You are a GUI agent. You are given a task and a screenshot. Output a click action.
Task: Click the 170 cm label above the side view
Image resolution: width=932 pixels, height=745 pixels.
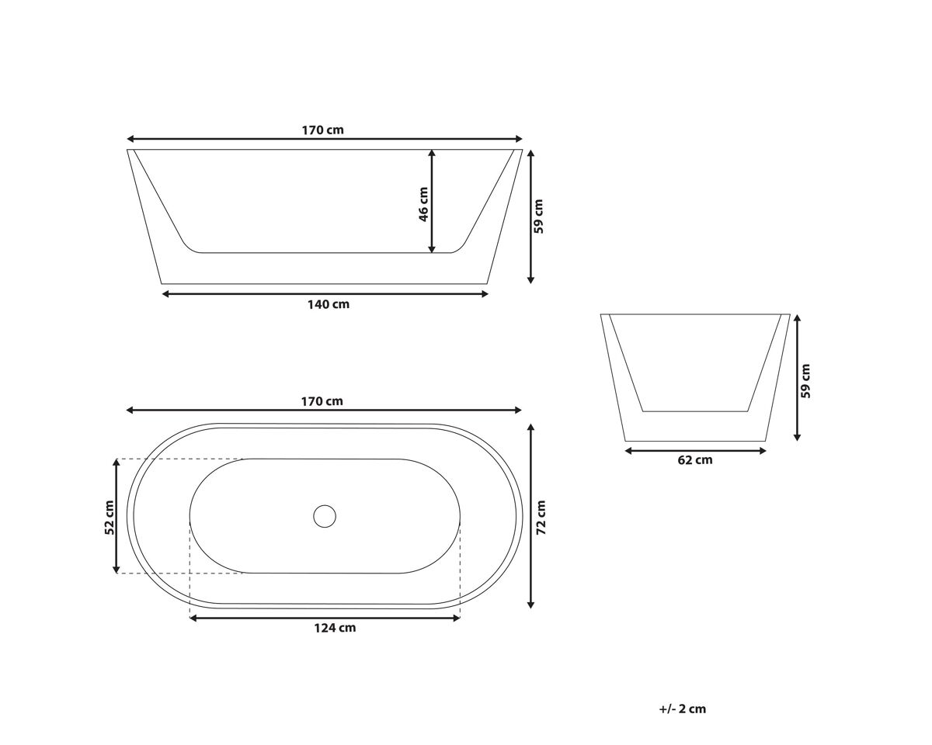coord(322,130)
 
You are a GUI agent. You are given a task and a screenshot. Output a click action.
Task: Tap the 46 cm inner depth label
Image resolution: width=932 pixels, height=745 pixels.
coord(423,204)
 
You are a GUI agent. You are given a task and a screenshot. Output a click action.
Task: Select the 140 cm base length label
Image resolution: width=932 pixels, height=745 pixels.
coord(329,304)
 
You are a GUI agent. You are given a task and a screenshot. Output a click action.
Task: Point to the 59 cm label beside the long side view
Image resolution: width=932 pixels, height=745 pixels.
coord(538,217)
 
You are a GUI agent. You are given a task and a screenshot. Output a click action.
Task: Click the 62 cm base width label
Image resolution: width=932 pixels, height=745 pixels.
coord(694,460)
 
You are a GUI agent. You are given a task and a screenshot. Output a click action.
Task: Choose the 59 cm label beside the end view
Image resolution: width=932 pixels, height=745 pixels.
coord(805,381)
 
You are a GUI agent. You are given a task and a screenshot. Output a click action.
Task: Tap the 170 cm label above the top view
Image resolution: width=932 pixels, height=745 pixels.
coord(322,401)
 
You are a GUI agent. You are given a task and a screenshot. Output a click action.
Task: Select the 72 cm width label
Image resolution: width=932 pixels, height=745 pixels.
coord(541,518)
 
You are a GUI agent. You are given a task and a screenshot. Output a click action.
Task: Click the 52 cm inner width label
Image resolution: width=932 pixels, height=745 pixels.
coord(110,518)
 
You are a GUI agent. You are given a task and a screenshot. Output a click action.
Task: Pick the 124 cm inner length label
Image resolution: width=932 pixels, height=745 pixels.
coord(335,628)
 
